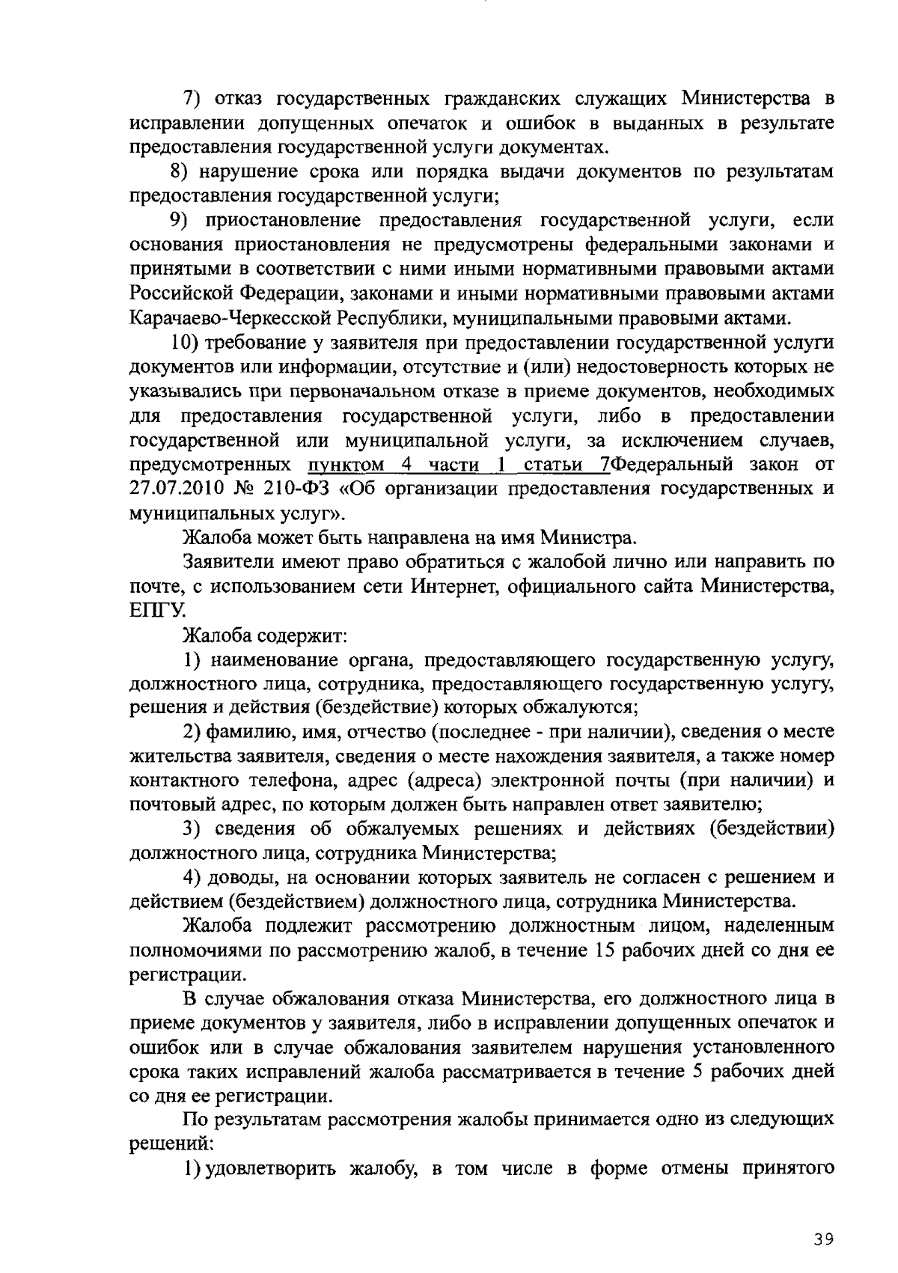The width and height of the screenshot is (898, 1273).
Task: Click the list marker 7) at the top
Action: click(x=195, y=98)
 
